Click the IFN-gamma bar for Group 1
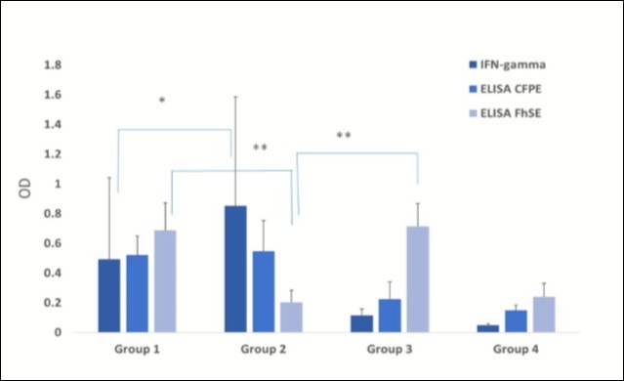click(108, 296)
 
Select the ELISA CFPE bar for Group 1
click(138, 294)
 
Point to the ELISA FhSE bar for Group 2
click(291, 317)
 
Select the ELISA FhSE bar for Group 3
click(417, 279)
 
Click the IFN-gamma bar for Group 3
click(361, 323)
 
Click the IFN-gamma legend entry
click(505, 65)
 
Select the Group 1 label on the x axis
click(137, 349)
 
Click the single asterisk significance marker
click(162, 101)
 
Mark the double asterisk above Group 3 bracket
click(343, 136)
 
